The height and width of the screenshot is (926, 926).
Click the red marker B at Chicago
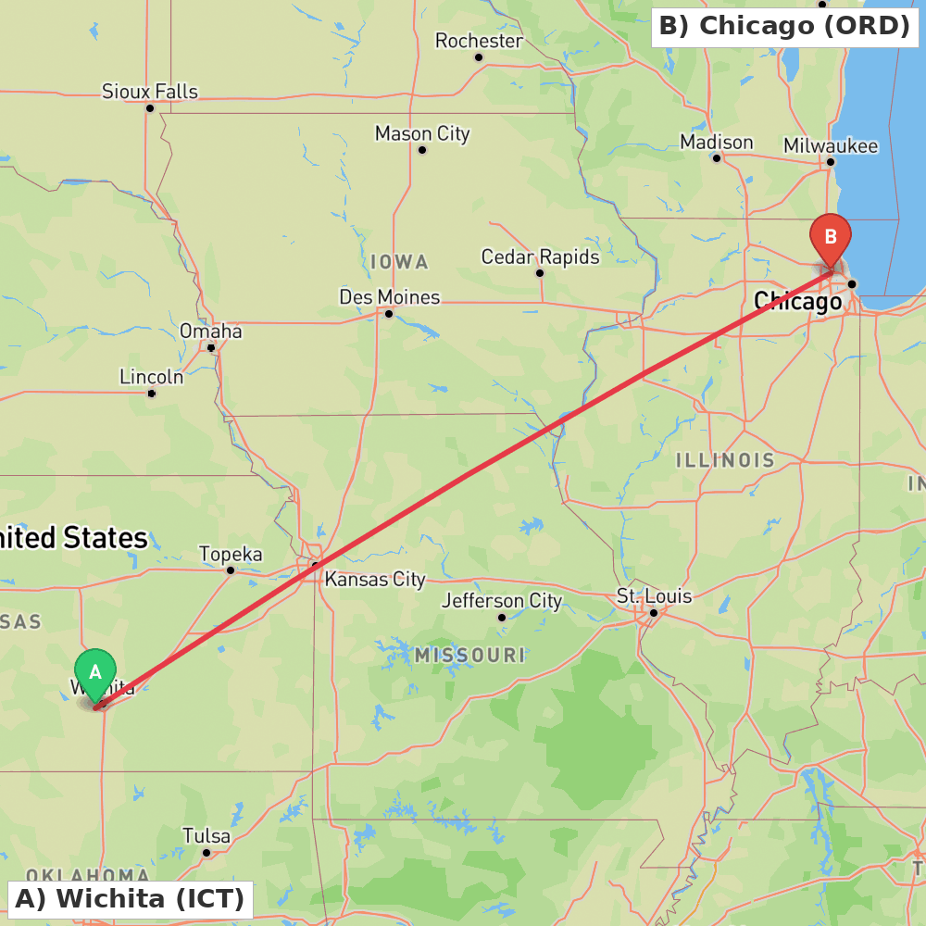click(x=830, y=238)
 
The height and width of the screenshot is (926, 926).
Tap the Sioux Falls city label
click(x=150, y=92)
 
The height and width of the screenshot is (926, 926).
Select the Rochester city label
click(x=479, y=42)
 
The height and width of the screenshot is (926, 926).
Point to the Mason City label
click(x=422, y=134)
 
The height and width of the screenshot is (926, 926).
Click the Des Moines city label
click(x=389, y=297)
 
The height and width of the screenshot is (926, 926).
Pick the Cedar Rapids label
click(x=540, y=257)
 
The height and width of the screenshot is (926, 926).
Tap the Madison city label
click(x=716, y=143)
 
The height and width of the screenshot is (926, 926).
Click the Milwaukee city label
click(x=830, y=146)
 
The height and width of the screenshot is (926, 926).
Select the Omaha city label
click(x=211, y=332)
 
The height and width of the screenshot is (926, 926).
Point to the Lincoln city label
click(x=152, y=377)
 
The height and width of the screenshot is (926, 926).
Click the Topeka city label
click(x=231, y=555)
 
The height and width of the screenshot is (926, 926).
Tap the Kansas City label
click(x=374, y=580)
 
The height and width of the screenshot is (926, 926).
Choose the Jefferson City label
click(x=501, y=601)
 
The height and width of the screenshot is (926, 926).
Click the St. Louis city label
click(x=654, y=596)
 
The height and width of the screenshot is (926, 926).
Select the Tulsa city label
click(x=206, y=836)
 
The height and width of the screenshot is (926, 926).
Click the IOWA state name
click(x=399, y=262)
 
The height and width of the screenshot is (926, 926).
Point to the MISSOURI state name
click(x=469, y=656)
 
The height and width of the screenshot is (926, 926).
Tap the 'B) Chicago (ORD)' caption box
click(x=784, y=26)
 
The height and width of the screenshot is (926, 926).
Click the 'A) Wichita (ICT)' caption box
click(x=131, y=898)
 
